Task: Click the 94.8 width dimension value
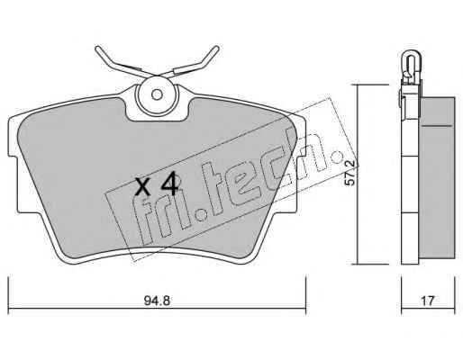pyautogui.click(x=157, y=301)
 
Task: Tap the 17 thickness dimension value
pyautogui.click(x=428, y=301)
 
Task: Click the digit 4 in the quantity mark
pyautogui.click(x=170, y=186)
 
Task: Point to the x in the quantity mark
pyautogui.click(x=142, y=187)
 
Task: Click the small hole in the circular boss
pyautogui.click(x=157, y=94)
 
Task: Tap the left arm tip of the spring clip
pyautogui.click(x=97, y=49)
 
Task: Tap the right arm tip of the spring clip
pyautogui.click(x=216, y=48)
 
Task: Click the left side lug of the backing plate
pyautogui.click(x=13, y=184)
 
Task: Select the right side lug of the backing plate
pyautogui.click(x=301, y=184)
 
